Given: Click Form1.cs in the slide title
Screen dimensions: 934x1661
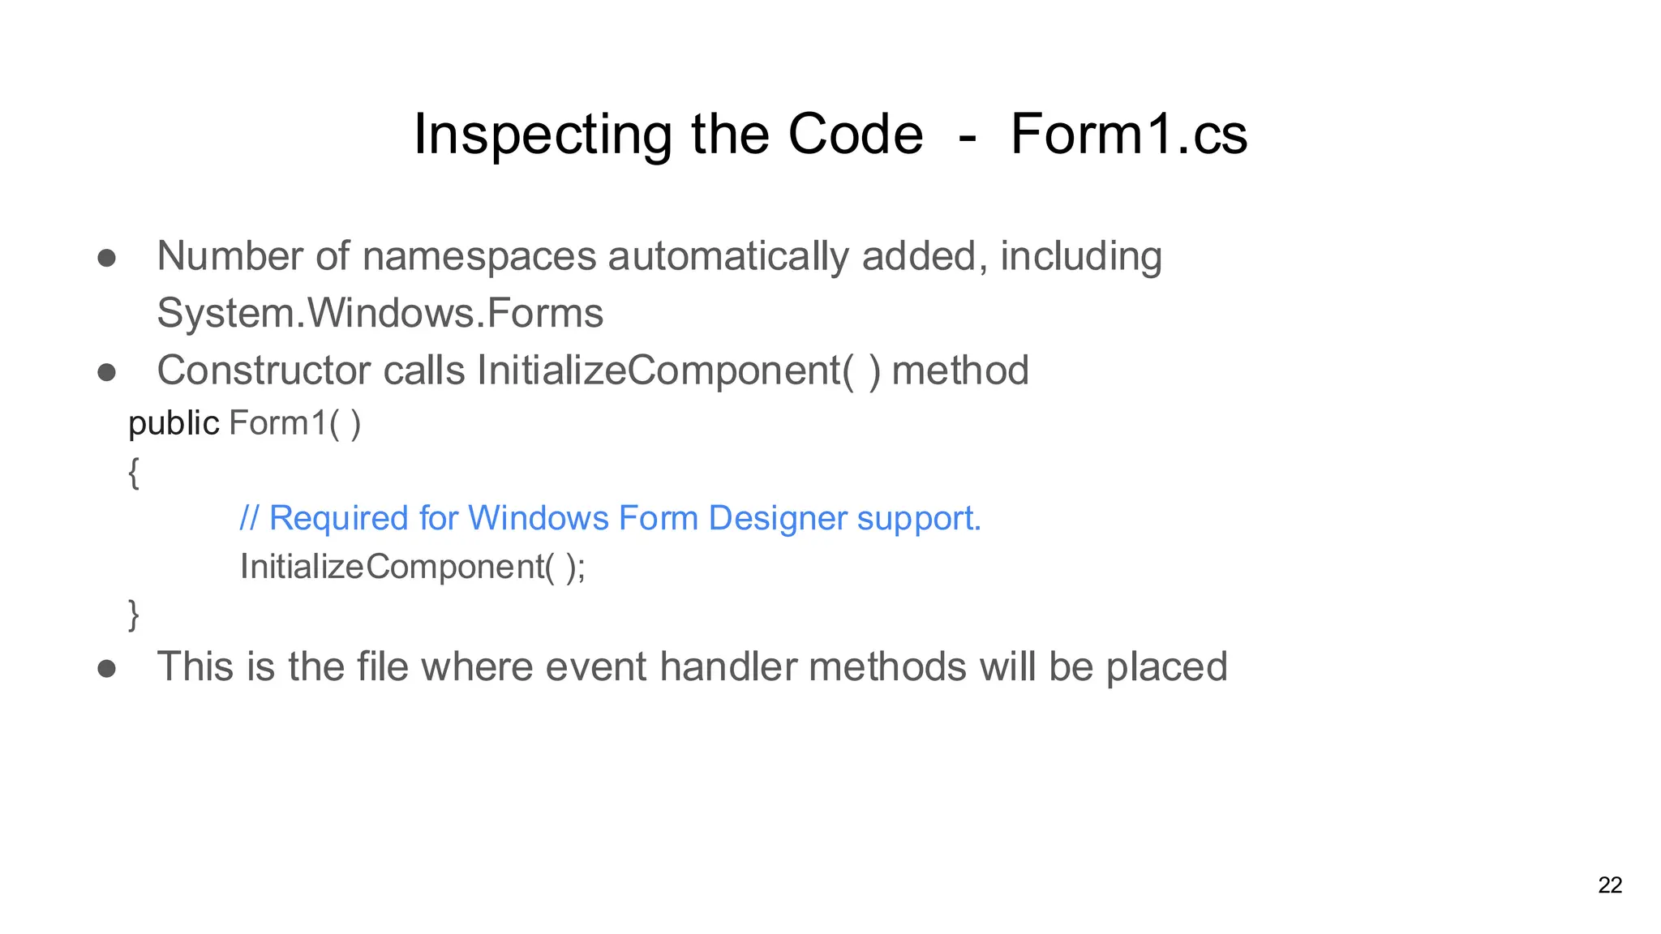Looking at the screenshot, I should (1128, 135).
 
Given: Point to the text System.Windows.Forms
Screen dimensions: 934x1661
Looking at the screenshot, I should (380, 313).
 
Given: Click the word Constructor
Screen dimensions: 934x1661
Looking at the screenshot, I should (264, 371).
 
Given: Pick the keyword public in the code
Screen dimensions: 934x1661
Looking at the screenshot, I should (174, 423).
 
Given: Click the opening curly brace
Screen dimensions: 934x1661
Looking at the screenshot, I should (134, 472).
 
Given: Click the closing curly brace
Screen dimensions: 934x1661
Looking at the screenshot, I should (134, 614).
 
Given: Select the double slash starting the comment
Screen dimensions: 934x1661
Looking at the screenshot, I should (248, 518).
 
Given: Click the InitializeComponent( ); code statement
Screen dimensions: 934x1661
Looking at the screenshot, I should (412, 567).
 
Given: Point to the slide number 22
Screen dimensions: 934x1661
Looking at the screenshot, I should (1610, 885).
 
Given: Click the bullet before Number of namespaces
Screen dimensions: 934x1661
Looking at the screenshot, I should (107, 259).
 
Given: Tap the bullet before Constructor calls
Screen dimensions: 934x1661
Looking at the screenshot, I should (107, 373).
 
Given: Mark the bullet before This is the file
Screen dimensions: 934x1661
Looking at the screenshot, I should (107, 669).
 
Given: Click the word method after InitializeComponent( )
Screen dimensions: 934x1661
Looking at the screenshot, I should (959, 371).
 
